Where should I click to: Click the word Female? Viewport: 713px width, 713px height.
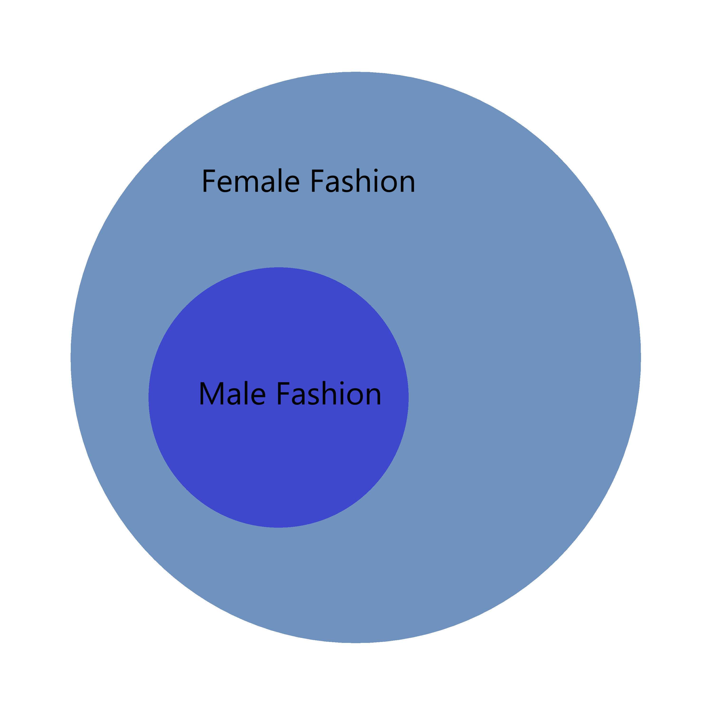[251, 181]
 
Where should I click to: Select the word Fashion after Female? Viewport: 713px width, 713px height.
[363, 181]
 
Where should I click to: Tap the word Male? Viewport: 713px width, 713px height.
[232, 393]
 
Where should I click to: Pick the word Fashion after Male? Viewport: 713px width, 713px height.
[329, 393]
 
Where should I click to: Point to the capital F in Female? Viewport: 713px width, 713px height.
[209, 181]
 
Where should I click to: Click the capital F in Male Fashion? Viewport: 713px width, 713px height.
[283, 393]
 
